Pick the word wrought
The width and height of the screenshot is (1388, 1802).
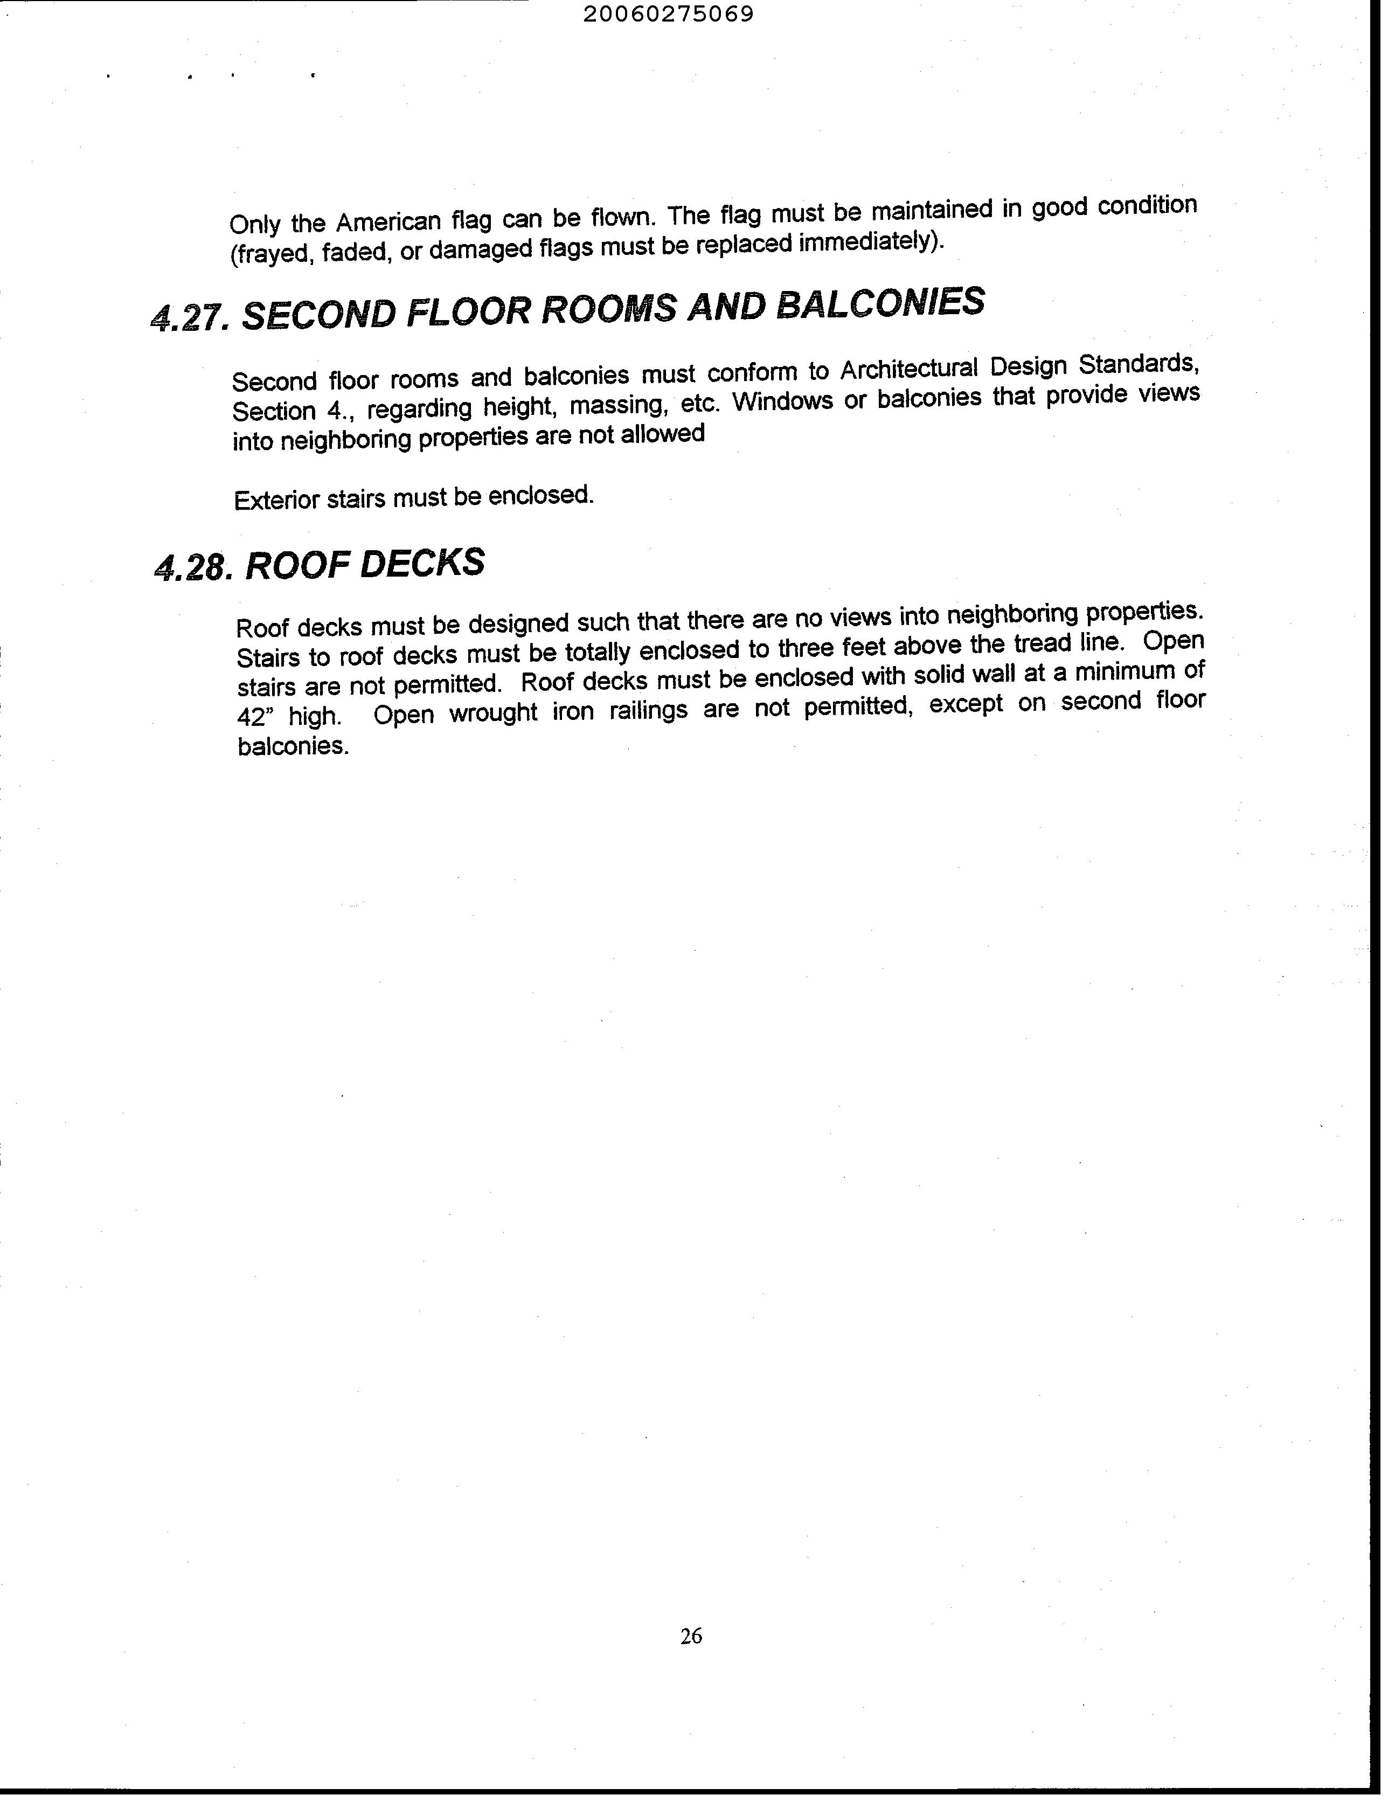click(x=491, y=712)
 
